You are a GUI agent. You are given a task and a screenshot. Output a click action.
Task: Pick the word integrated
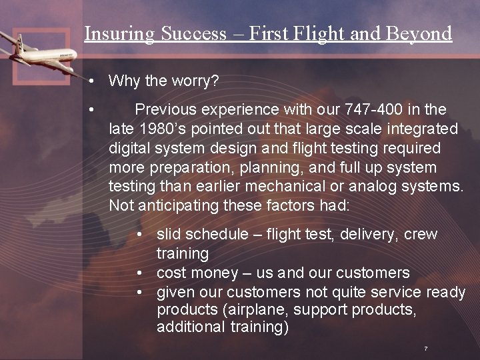click(422, 128)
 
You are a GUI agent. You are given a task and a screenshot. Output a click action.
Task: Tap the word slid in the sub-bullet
click(169, 234)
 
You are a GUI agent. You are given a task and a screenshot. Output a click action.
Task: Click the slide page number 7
click(425, 349)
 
